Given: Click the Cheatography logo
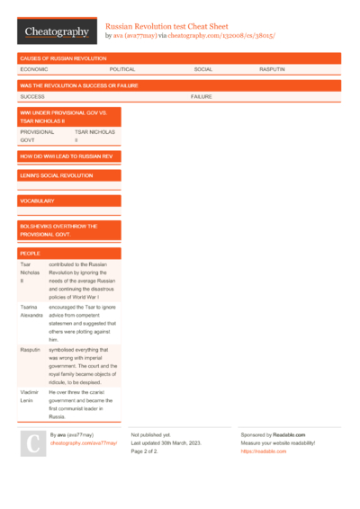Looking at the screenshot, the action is (57, 32).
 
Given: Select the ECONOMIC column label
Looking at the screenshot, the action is (34, 69).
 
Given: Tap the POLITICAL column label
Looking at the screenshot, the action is (122, 69).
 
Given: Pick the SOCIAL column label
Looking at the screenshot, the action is (203, 69).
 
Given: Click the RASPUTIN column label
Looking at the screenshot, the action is (272, 69).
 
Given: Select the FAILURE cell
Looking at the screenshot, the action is (202, 96).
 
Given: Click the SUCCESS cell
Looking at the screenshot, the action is (32, 96).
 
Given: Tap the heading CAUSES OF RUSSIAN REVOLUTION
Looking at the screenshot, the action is (63, 58).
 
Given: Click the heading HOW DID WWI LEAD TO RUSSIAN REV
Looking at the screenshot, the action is (66, 156).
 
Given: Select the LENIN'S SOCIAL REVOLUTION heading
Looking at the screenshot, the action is (56, 176).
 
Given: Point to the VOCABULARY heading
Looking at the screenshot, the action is (37, 201).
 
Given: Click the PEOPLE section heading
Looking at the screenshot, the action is (30, 254).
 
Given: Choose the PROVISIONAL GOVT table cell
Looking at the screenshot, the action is (37, 136).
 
